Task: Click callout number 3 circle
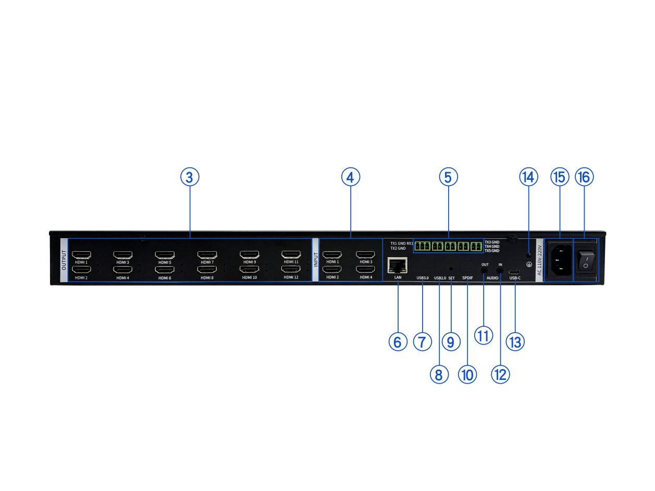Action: pos(190,177)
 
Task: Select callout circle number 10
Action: pos(467,374)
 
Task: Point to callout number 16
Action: pos(584,177)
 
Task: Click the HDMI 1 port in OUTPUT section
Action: pos(81,255)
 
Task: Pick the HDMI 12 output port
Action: pos(291,269)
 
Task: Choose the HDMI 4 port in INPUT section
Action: pos(365,269)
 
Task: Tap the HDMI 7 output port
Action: pos(207,255)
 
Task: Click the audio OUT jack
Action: pos(485,269)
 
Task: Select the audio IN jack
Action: pos(500,270)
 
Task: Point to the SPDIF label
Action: pos(467,278)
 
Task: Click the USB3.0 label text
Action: pos(423,278)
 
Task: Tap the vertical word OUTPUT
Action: pos(64,260)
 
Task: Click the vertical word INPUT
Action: pos(316,260)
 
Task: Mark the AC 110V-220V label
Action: pos(539,260)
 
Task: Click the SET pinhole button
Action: pos(451,269)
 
